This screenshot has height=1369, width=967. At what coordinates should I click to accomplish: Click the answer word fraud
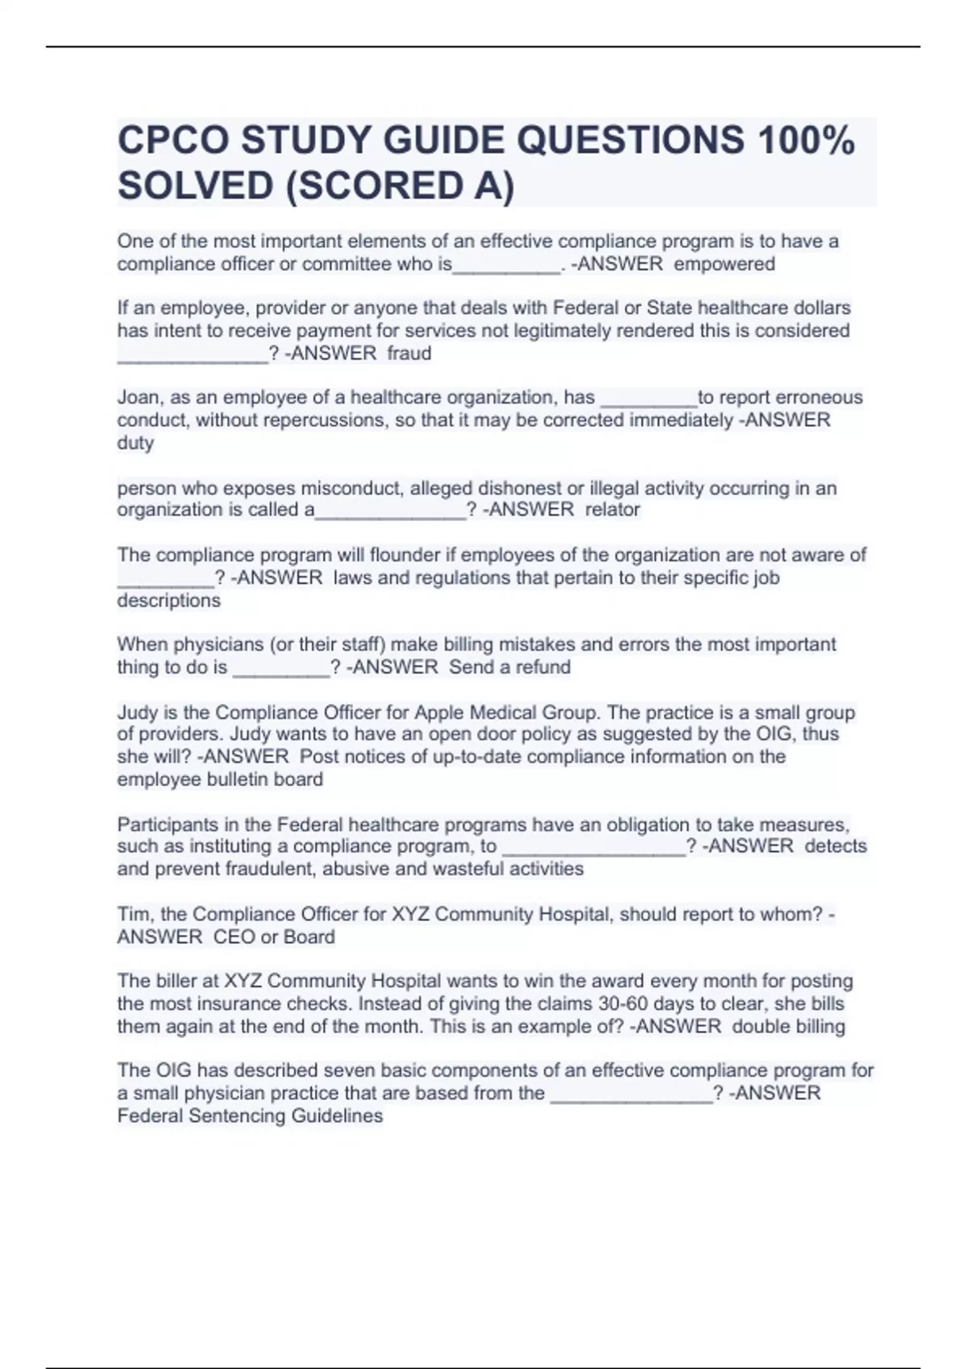point(409,354)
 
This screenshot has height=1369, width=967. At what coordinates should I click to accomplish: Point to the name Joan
point(139,398)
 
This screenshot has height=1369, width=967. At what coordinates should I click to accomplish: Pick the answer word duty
point(135,443)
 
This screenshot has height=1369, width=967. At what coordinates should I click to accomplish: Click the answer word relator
point(612,510)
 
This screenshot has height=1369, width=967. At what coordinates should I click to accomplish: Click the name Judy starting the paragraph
point(138,713)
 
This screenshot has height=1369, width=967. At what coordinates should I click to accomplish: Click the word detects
point(836,846)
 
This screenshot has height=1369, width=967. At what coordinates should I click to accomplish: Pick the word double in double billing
point(760,1027)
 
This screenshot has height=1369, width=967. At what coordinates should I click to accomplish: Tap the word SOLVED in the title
point(195,186)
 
